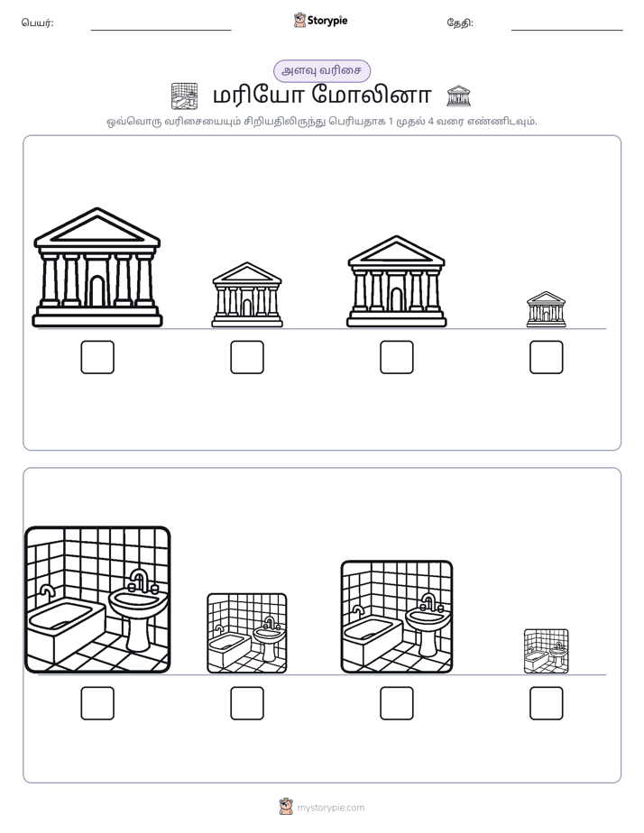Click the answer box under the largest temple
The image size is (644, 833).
click(97, 357)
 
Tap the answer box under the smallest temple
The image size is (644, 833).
click(547, 357)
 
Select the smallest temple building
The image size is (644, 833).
click(547, 309)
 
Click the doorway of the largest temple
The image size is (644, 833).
click(97, 291)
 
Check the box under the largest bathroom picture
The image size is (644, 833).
click(97, 703)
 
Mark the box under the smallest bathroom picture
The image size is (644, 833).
click(547, 703)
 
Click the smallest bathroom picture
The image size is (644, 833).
click(547, 651)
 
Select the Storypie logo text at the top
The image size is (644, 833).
click(327, 20)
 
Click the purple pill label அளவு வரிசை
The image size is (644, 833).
click(321, 70)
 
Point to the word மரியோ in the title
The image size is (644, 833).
click(258, 96)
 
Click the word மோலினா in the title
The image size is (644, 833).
click(372, 96)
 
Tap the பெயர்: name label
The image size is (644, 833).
click(37, 23)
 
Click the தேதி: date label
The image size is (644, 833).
click(460, 23)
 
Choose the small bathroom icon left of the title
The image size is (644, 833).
click(184, 96)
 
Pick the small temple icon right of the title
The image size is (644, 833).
click(458, 96)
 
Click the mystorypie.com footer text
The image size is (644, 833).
click(330, 808)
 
